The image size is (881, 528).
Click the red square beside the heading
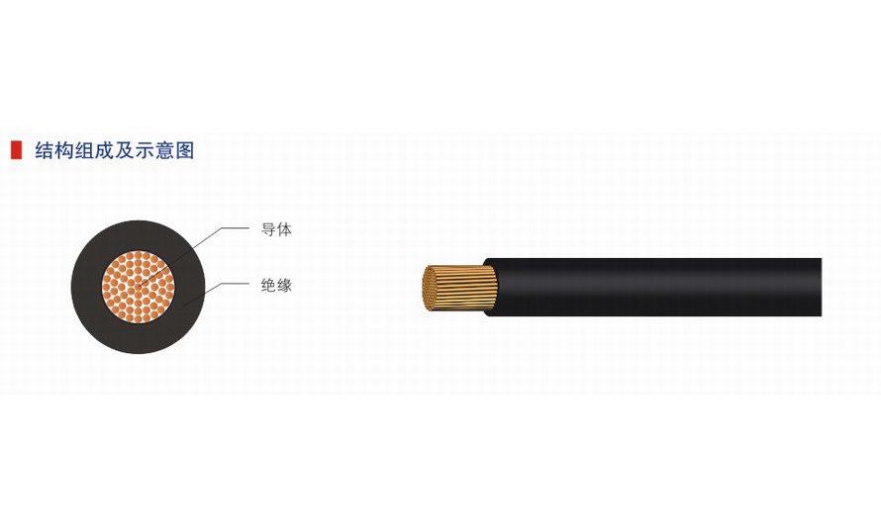pyautogui.click(x=16, y=150)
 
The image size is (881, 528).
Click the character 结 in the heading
pyautogui.click(x=45, y=150)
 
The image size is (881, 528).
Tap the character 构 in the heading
pyautogui.click(x=64, y=150)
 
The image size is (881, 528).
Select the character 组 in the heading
pyautogui.click(x=84, y=150)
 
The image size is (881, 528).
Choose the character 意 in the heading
pyautogui.click(x=164, y=150)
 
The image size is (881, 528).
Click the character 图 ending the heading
pyautogui.click(x=185, y=150)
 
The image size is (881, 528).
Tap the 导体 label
pyautogui.click(x=276, y=229)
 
